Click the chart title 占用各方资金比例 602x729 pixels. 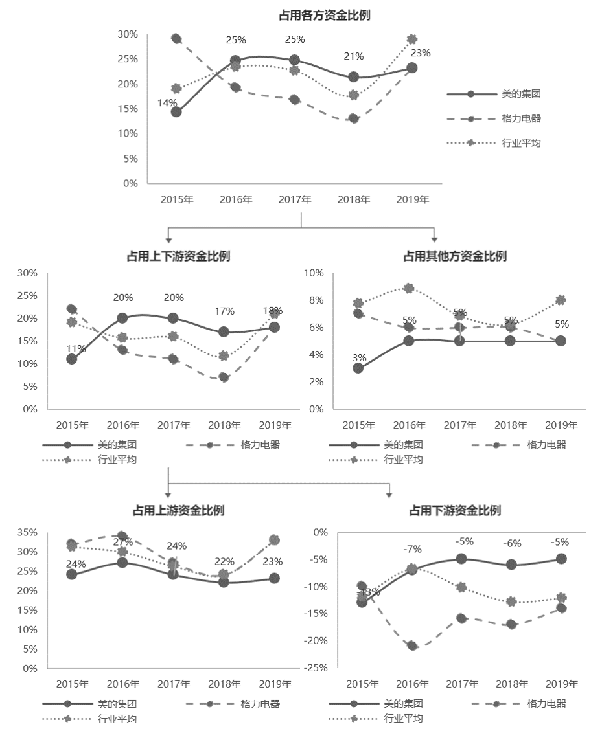(x=324, y=16)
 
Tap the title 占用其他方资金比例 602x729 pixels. (x=455, y=256)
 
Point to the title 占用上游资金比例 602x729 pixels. (x=178, y=510)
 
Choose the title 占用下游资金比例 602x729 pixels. (x=455, y=510)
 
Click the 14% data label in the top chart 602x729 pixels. (x=167, y=102)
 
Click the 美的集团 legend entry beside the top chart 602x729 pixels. (x=521, y=94)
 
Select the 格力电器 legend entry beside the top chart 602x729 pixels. (x=521, y=118)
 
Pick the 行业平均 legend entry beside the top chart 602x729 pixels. (x=521, y=143)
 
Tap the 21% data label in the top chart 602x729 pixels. (x=353, y=56)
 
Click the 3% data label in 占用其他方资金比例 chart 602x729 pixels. (x=359, y=357)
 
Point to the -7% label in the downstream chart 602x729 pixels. (x=412, y=549)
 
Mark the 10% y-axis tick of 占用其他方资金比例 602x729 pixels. (x=314, y=273)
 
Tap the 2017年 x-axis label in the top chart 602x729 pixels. (x=295, y=199)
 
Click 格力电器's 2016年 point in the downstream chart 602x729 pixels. (x=412, y=645)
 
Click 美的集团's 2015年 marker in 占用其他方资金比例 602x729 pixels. (x=358, y=368)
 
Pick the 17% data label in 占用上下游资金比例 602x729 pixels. (x=224, y=311)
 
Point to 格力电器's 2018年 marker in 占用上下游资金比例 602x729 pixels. (x=224, y=377)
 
